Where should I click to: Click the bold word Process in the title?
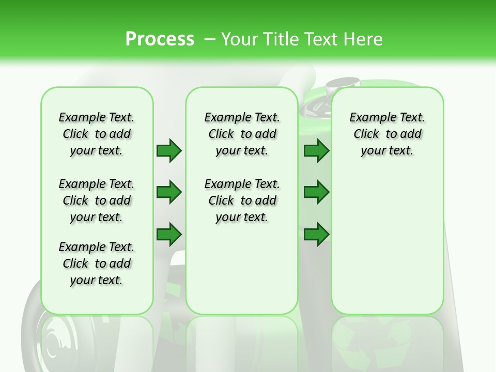click(159, 39)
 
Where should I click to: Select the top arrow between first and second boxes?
click(169, 150)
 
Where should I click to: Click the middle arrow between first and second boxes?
click(169, 192)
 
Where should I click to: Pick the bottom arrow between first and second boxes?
click(169, 234)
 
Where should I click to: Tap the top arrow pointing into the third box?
click(316, 150)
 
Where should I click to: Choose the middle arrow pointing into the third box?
click(316, 192)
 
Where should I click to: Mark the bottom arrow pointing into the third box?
click(316, 234)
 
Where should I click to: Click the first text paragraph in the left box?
click(97, 134)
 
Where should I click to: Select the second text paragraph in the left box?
click(97, 200)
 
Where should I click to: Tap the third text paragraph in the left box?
click(97, 263)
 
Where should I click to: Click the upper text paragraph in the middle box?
click(242, 134)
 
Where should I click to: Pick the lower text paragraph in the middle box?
click(242, 200)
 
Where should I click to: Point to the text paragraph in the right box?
click(388, 134)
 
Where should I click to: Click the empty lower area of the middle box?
click(242, 269)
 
